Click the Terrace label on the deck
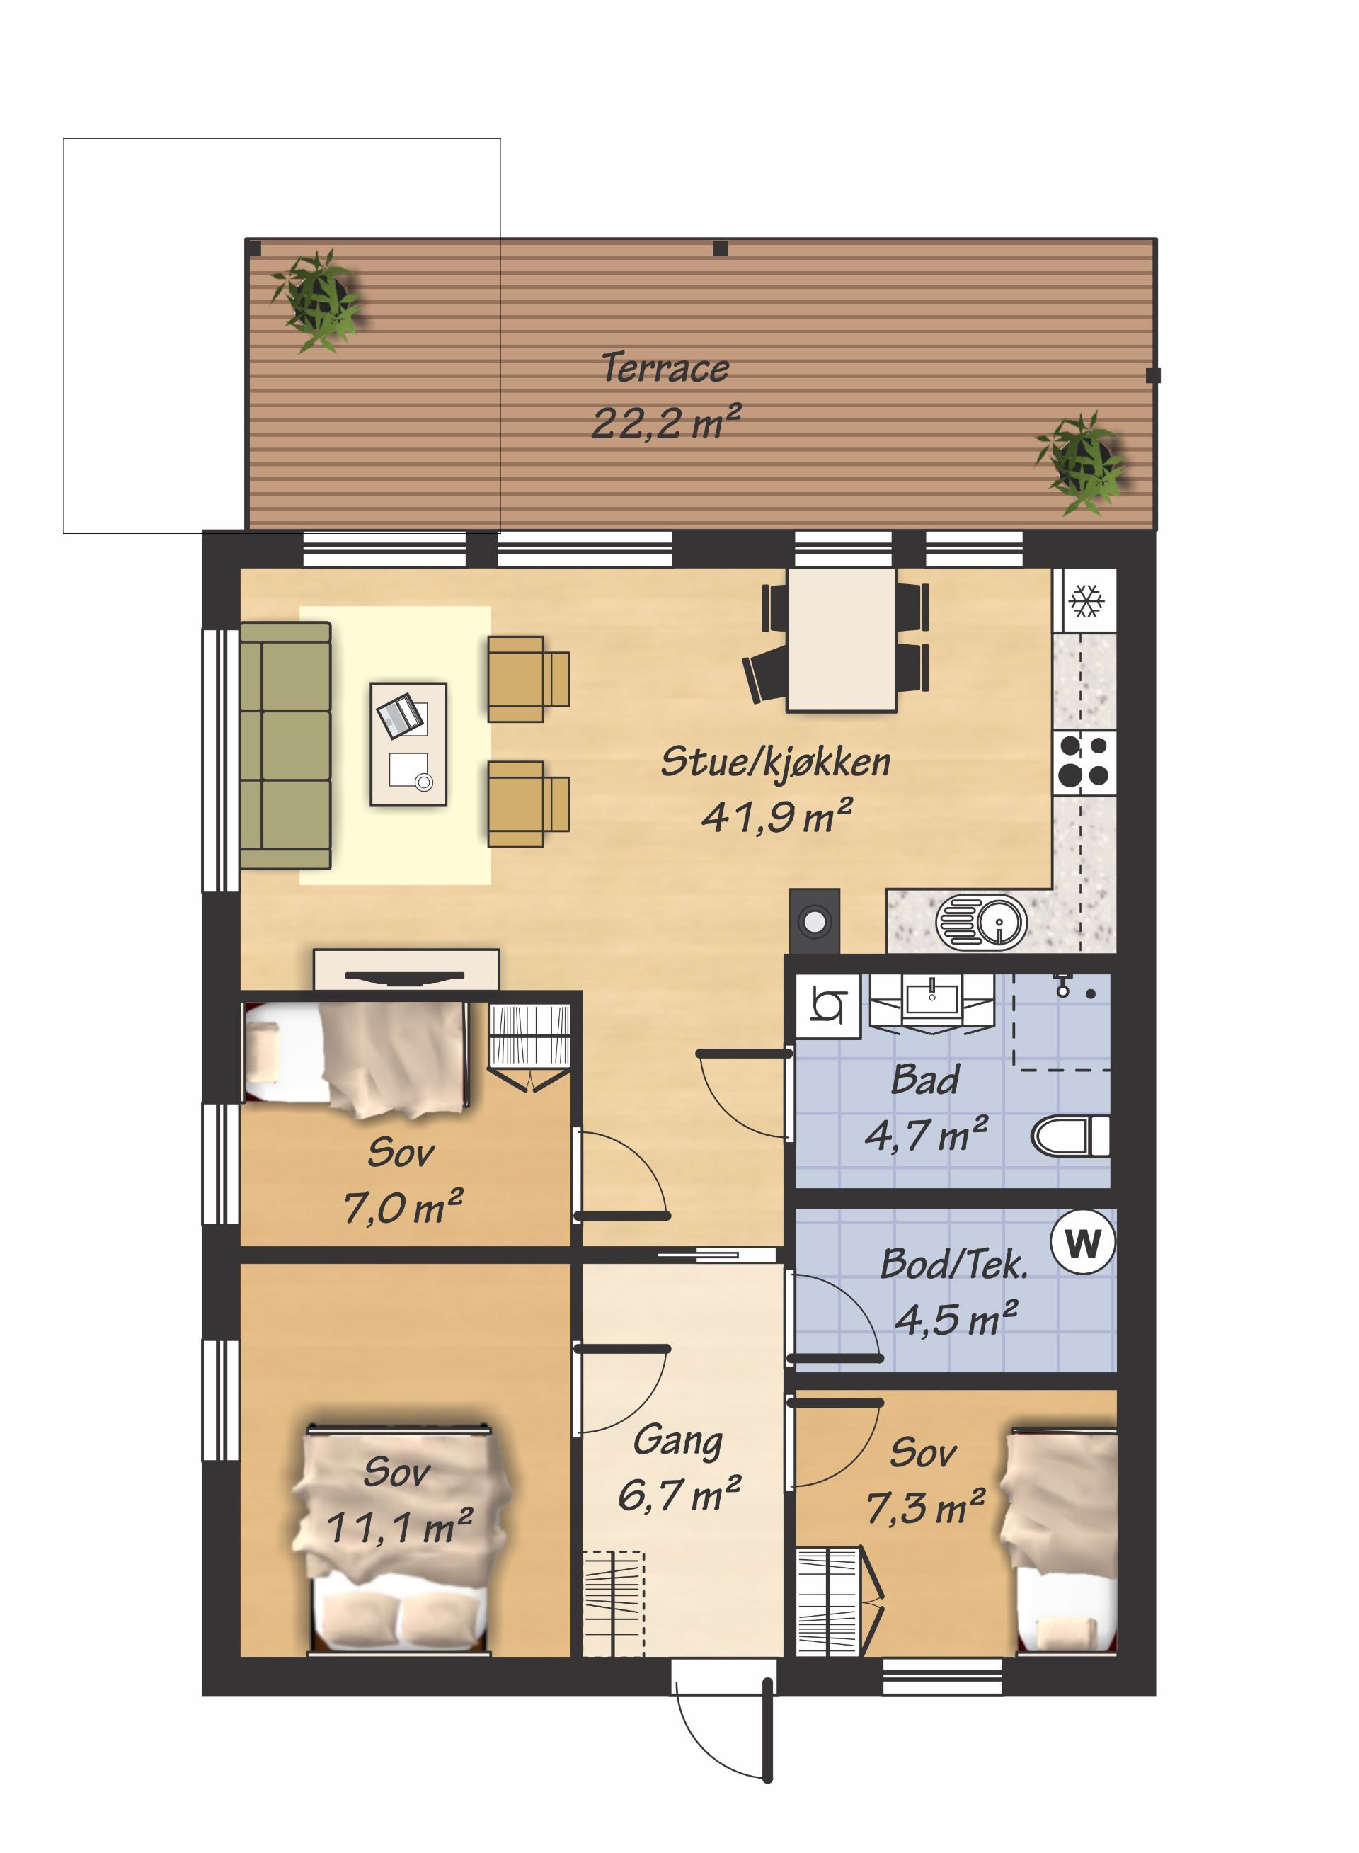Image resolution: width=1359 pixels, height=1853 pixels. pos(665,367)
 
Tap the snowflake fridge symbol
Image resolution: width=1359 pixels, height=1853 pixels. pos(1085,600)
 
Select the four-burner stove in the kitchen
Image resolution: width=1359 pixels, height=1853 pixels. pos(1084,763)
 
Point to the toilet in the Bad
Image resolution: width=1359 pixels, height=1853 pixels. pos(1070,1136)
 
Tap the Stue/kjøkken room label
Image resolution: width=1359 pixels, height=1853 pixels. pos(776,761)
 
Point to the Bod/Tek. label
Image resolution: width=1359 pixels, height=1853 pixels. pos(954,1265)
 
